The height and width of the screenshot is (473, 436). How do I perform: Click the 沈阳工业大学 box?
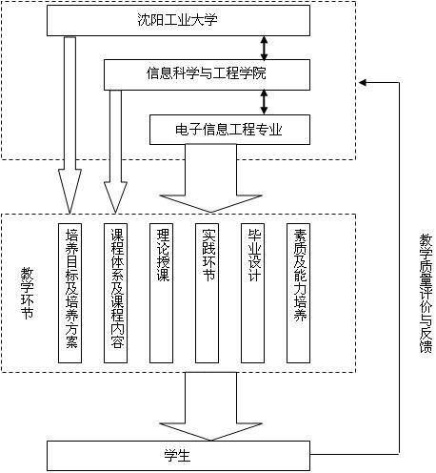tap(178, 20)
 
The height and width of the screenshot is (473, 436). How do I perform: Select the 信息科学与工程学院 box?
tap(207, 74)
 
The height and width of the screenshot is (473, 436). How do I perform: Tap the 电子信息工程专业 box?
tap(229, 130)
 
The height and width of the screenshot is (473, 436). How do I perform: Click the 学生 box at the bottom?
tap(178, 456)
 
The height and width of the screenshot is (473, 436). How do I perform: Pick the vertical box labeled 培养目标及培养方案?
tap(69, 293)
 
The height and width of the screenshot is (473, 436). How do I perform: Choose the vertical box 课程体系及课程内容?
tap(115, 293)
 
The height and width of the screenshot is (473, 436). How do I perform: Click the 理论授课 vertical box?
tap(161, 293)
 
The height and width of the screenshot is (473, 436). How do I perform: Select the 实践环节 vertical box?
tap(207, 293)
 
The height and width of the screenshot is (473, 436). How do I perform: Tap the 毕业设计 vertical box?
tap(252, 293)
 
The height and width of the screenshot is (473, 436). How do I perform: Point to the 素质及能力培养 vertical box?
tap(298, 293)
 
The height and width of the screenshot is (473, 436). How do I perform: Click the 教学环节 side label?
tap(27, 293)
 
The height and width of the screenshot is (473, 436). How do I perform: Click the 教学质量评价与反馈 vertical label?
tap(426, 293)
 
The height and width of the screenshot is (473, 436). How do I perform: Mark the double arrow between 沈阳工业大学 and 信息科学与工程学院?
tap(264, 48)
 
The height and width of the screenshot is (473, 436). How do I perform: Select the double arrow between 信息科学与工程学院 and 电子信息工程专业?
tap(264, 102)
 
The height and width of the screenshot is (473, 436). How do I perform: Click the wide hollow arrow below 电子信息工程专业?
tap(210, 178)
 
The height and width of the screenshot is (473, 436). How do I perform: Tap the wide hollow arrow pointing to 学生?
tap(210, 406)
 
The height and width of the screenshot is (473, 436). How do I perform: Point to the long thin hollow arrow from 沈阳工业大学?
tap(69, 125)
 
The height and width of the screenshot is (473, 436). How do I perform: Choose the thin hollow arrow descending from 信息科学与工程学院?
tap(115, 152)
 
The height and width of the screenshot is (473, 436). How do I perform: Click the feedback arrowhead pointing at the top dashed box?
tap(363, 83)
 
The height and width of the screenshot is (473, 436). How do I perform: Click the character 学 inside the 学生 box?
tap(171, 456)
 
